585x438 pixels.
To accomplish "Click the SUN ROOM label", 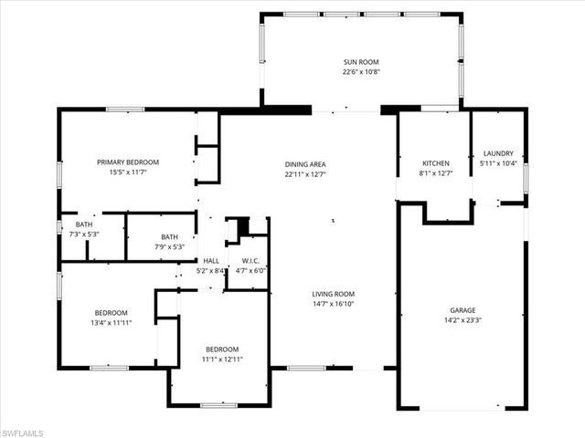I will pos(360,61).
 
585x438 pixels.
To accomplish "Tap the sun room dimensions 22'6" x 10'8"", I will pos(360,71).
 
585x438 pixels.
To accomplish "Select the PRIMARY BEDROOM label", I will pos(128,162).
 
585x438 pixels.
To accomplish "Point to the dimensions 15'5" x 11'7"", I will pos(128,172).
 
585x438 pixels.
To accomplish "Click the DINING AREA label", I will pos(304,164).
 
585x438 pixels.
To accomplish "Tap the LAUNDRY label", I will pos(497,153).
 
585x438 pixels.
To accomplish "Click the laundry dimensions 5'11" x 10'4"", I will pos(498,163).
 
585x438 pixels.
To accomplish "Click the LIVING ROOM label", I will pos(333,294).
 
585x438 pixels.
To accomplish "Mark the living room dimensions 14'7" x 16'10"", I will pos(333,304).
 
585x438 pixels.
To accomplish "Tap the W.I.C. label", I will pos(246,260).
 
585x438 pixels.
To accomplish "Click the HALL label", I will pos(210,260).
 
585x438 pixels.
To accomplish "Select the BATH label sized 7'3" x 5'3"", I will pos(84,224).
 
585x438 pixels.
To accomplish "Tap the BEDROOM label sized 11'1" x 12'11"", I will pos(221,349).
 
